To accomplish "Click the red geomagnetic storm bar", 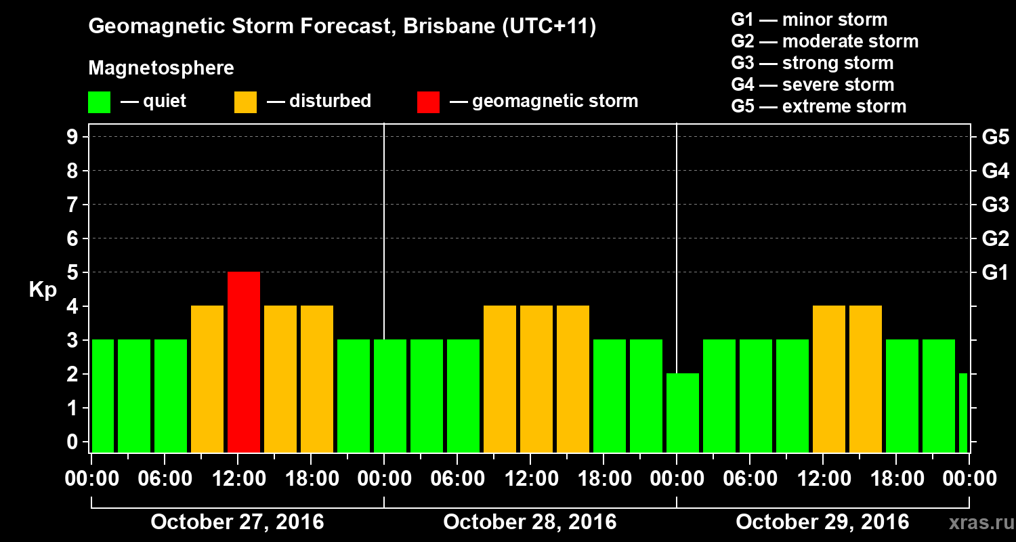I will tap(244, 362).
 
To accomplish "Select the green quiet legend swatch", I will tap(99, 102).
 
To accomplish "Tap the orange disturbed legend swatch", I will tap(245, 102).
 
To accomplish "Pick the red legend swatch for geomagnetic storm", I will tap(428, 102).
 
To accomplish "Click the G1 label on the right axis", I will tap(995, 272).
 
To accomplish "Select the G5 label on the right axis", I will tap(995, 137).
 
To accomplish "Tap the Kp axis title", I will tap(43, 289).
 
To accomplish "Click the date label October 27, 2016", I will tap(237, 522).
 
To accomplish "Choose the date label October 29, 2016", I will tap(822, 522).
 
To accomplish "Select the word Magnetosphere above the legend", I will tap(161, 68).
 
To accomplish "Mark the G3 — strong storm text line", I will tap(812, 63).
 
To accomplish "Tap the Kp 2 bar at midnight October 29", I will tap(683, 413).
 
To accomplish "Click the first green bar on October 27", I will tap(103, 396).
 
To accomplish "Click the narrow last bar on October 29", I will tap(963, 413).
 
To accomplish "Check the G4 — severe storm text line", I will tap(812, 85).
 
